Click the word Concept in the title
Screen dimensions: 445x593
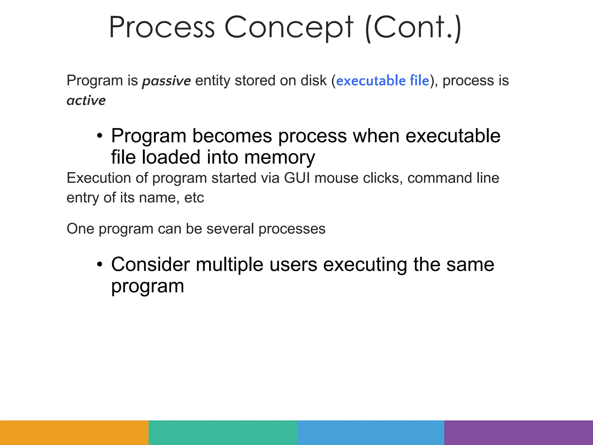(x=289, y=28)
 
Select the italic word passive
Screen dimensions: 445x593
(x=166, y=81)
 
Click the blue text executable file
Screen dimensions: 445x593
(x=382, y=81)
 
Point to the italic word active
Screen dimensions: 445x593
(x=86, y=101)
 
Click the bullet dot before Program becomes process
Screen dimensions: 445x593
(x=100, y=136)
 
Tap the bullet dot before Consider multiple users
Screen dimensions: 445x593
(x=100, y=265)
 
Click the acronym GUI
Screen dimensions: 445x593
(x=296, y=178)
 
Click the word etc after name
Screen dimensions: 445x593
(x=194, y=198)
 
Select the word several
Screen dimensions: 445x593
(x=230, y=229)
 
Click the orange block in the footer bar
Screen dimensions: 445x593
(x=74, y=433)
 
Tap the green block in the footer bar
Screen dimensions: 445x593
(x=222, y=433)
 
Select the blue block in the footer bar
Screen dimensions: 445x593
(x=371, y=433)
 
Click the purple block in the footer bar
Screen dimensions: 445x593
(x=518, y=433)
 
